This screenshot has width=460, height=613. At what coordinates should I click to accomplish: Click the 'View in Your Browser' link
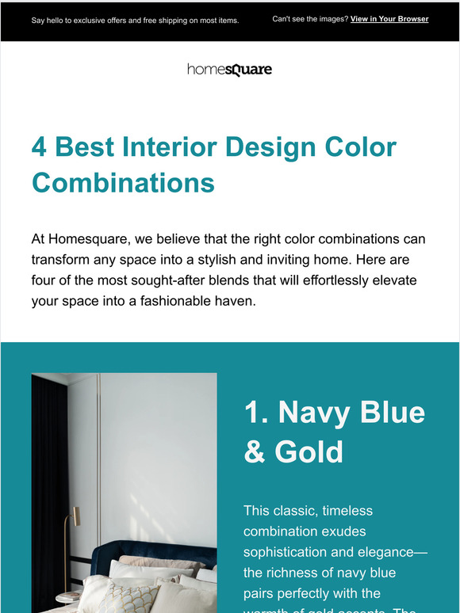(389, 19)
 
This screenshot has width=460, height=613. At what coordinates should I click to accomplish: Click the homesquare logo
(229, 70)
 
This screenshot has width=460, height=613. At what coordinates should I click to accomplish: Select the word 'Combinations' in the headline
(123, 183)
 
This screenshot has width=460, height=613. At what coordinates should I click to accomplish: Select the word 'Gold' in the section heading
(309, 451)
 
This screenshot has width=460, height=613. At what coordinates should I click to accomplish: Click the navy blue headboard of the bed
(151, 550)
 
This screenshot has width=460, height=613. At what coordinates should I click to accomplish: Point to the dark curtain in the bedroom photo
(49, 475)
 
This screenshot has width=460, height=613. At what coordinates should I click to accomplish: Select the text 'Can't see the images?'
(310, 19)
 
